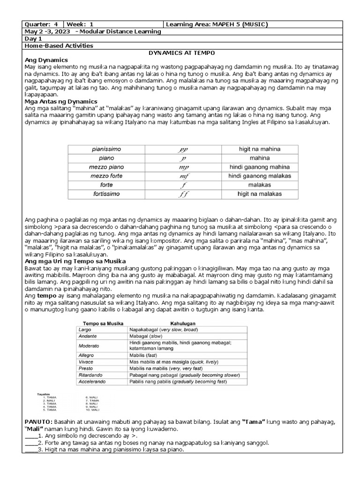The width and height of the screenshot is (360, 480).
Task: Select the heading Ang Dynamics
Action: coord(46,60)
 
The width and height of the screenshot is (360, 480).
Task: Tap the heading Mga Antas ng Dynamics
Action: coord(60,101)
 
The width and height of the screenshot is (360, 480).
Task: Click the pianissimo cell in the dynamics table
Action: coord(106,149)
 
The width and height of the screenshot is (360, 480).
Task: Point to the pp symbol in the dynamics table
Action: coord(183,149)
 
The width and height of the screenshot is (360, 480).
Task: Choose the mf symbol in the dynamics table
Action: coord(183,176)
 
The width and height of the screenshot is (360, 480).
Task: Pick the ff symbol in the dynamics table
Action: coord(183,194)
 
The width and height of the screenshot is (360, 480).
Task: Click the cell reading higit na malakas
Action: coord(259,194)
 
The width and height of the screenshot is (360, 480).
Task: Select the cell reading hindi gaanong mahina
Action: coord(259,167)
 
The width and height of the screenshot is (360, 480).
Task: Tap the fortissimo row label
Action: coord(106,194)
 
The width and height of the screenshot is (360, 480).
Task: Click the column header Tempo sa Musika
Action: coord(100,323)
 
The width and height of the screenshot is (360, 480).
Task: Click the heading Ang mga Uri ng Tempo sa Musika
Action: coord(75,261)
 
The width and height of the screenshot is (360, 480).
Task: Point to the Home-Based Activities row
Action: coord(59,45)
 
